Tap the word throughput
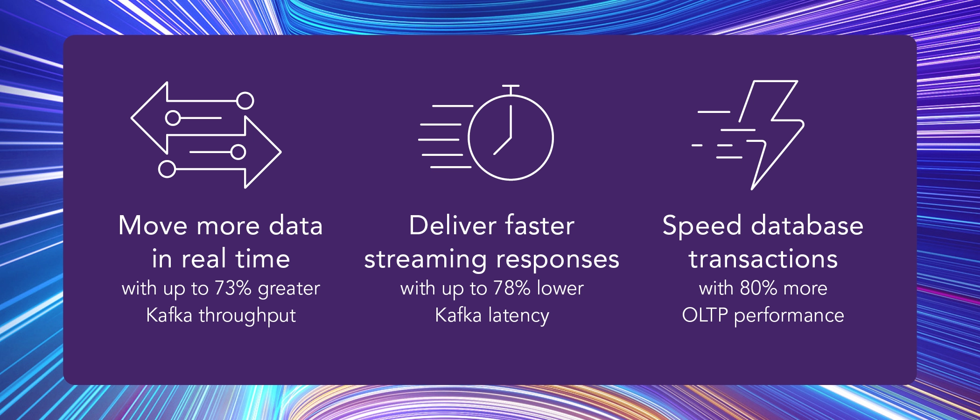(247, 316)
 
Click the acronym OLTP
(704, 315)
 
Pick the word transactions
(763, 259)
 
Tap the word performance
(789, 316)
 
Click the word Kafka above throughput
(169, 315)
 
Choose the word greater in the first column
(289, 289)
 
